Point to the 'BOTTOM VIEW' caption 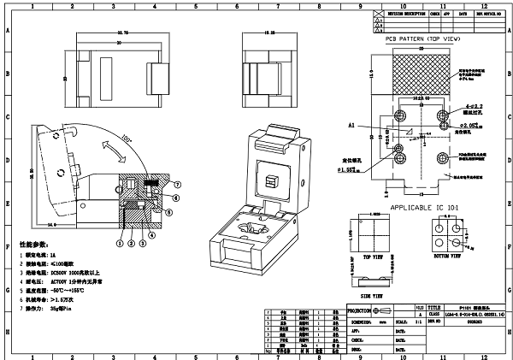(448, 256)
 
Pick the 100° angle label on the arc (127, 138)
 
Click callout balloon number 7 (177, 185)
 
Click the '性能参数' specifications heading (27, 245)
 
